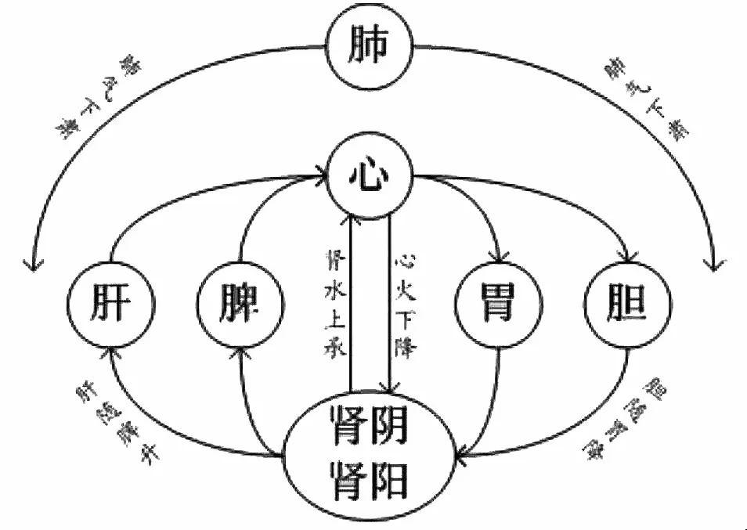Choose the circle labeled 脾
pyautogui.click(x=238, y=301)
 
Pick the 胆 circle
pyautogui.click(x=626, y=301)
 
